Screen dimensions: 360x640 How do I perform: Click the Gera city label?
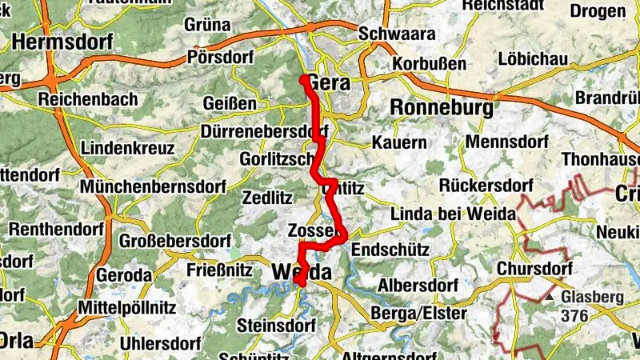330,82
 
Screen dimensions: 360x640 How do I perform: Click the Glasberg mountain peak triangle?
550,297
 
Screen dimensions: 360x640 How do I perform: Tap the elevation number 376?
574,316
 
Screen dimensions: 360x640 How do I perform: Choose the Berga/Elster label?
420,314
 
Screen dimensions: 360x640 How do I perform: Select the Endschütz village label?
390,250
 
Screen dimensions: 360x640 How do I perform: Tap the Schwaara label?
397,34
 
